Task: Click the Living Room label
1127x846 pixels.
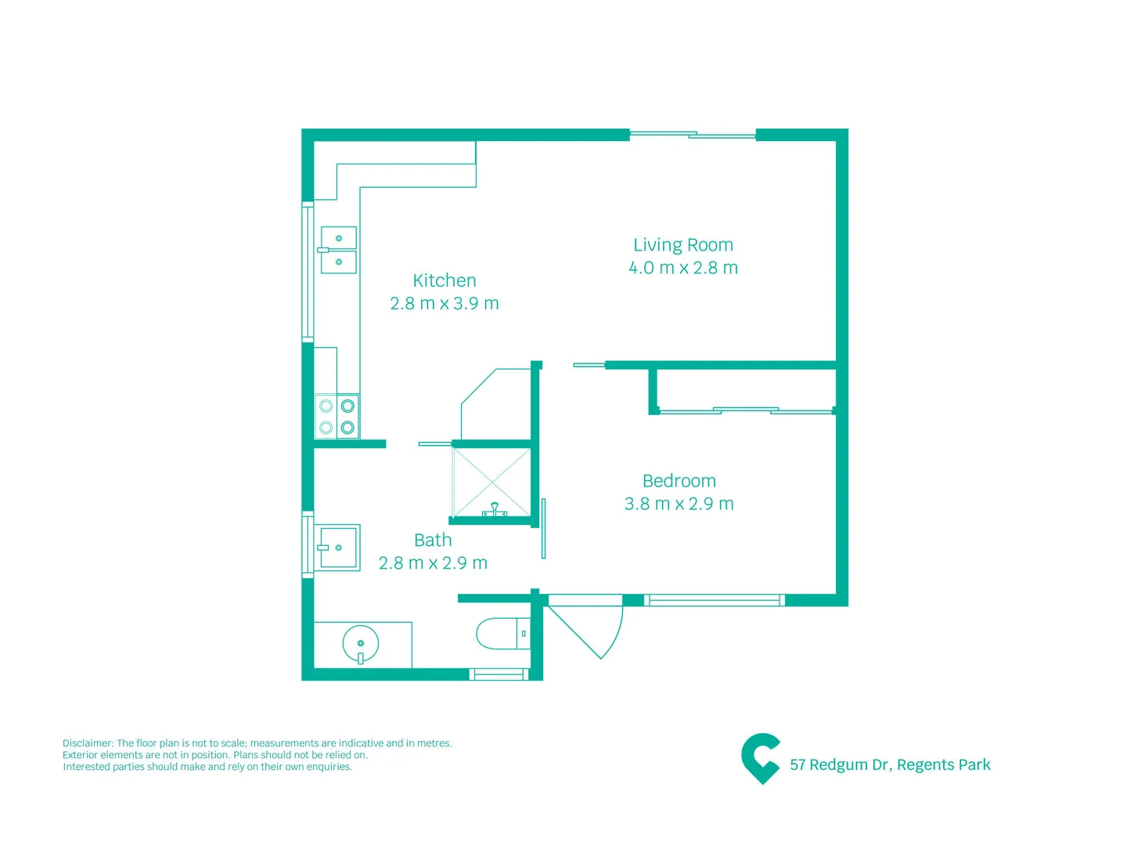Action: [682, 245]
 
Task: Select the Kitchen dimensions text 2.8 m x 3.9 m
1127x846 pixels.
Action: [444, 303]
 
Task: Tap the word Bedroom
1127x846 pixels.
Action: [679, 481]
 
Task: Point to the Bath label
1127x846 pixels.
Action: [433, 540]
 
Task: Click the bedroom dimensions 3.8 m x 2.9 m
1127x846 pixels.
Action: [679, 504]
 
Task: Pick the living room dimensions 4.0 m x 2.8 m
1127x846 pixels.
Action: [682, 268]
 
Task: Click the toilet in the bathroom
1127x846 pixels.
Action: [501, 633]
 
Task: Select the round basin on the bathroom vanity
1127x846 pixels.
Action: [361, 645]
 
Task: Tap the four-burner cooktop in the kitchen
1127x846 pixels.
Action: [337, 417]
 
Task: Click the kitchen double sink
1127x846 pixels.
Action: [339, 250]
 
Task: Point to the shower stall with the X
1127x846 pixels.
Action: [491, 482]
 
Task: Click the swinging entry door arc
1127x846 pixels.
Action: [595, 631]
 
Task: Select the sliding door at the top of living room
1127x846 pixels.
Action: [693, 135]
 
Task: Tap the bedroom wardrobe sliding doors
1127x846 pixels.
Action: [745, 410]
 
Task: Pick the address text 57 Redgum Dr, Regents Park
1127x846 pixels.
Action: [890, 765]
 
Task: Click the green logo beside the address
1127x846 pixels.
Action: [760, 758]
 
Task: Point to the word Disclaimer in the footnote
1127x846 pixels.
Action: [88, 743]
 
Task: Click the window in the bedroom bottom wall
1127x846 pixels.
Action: [714, 601]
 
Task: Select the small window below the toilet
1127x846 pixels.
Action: [499, 674]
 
